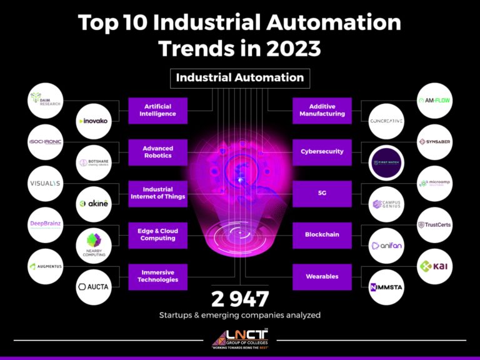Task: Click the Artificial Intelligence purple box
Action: (x=157, y=111)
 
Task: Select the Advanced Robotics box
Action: (x=157, y=152)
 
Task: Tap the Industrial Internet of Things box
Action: (x=157, y=193)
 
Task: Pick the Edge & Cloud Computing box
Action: (x=157, y=234)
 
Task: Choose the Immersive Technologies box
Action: (x=157, y=276)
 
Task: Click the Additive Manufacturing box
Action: (x=322, y=111)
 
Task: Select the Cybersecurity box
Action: (x=322, y=152)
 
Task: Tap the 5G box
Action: (x=322, y=193)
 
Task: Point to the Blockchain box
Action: (x=322, y=234)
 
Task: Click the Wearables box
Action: (x=322, y=276)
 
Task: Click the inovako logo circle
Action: (x=94, y=121)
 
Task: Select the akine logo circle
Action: (x=94, y=203)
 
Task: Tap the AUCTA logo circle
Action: (x=94, y=286)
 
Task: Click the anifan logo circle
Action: (x=386, y=246)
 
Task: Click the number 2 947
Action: (x=240, y=297)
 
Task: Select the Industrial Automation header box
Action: (x=240, y=78)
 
